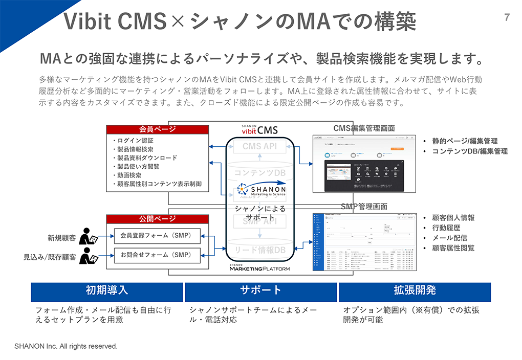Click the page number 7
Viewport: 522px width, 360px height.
click(507, 17)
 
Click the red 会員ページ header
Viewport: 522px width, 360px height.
click(158, 129)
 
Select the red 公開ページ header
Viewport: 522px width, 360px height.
click(158, 219)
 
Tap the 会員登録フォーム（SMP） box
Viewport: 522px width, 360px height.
click(157, 236)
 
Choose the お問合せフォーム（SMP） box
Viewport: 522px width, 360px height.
click(157, 254)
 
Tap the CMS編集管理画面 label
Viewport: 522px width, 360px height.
click(364, 128)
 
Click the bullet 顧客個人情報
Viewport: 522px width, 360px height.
click(453, 217)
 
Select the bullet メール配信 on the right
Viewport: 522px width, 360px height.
click(449, 238)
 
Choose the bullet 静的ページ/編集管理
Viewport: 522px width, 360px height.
click(464, 141)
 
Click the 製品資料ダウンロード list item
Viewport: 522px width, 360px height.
click(147, 157)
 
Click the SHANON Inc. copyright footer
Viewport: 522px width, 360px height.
click(66, 346)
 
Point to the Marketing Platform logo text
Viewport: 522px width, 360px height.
click(259, 267)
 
